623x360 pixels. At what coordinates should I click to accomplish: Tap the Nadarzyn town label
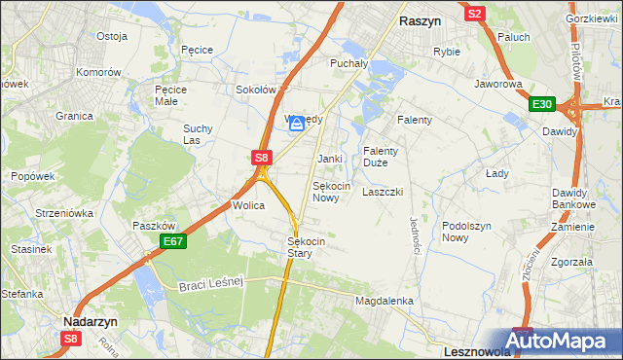[x=91, y=319]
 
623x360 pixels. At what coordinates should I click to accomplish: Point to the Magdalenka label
[x=385, y=302]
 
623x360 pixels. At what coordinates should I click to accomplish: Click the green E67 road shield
[x=172, y=241]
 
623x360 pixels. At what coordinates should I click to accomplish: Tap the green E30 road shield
[x=542, y=105]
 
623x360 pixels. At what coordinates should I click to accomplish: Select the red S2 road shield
[x=475, y=14]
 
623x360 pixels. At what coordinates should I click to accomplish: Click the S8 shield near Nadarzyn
[x=69, y=338]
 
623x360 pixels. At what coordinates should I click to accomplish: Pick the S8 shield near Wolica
[x=261, y=157]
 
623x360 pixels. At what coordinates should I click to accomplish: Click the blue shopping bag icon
[x=296, y=124]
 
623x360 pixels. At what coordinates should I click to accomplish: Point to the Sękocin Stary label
[x=306, y=247]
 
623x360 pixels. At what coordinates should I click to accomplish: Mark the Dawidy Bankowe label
[x=573, y=198]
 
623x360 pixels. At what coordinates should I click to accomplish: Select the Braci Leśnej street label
[x=210, y=284]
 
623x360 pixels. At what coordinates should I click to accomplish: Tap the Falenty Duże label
[x=381, y=157]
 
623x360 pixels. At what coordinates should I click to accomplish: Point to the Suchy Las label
[x=198, y=134]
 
